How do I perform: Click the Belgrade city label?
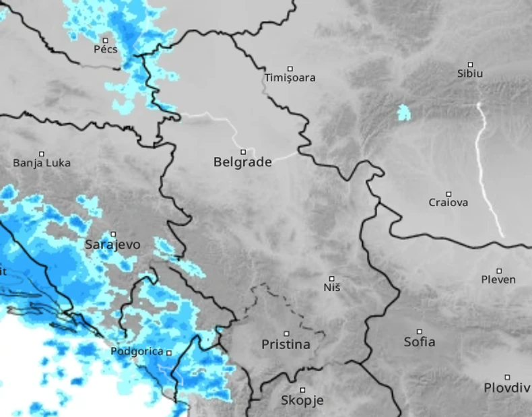242,162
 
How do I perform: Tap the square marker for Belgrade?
243,152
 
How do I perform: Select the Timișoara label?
290,78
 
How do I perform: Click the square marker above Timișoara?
290,68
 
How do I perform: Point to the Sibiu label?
470,73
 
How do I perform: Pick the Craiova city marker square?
448,194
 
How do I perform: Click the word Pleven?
498,280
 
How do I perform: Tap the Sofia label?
420,342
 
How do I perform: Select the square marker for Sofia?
419,331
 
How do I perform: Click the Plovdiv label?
507,387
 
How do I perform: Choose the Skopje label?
302,400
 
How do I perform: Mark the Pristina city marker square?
286,333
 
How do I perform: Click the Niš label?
332,288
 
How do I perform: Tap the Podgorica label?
137,352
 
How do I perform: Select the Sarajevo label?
113,245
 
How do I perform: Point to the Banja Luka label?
42,163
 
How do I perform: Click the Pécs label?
106,49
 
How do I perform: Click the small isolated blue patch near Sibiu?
403,113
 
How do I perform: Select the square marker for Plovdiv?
507,377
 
